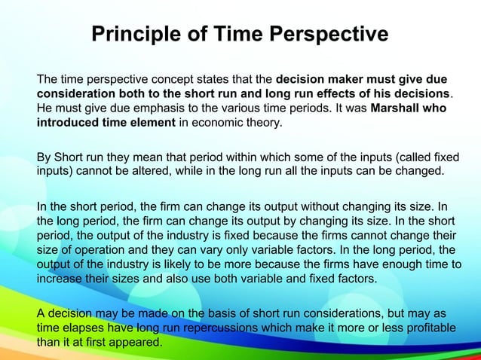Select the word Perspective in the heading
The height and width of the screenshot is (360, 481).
(328, 35)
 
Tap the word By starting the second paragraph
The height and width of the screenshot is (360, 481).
(44, 157)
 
